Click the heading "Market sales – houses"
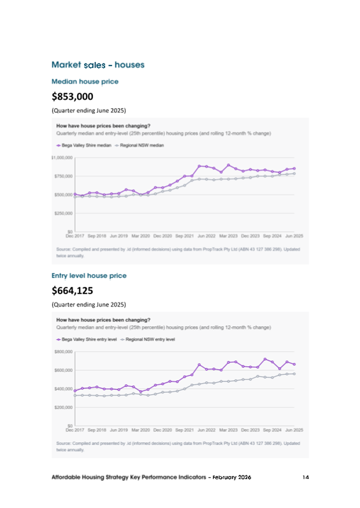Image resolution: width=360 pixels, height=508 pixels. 98,65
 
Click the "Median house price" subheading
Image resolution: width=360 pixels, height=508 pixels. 85,82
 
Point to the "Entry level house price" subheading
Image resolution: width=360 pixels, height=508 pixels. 89,276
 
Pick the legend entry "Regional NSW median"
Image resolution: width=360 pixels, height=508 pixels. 140,145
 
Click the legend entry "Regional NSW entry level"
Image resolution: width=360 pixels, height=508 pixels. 150,339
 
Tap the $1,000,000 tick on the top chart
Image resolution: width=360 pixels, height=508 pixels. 62,158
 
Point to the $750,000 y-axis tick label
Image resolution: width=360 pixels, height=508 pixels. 63,176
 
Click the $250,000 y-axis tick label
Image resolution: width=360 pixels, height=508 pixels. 63,213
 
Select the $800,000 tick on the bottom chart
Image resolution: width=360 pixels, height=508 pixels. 63,352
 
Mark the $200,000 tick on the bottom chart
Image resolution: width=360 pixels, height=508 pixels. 63,407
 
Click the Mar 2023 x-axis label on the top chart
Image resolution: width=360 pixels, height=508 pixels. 228,235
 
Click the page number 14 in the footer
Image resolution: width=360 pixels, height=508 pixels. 306,477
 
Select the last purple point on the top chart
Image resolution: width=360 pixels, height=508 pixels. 294,168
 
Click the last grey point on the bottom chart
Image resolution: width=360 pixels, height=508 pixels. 294,374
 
